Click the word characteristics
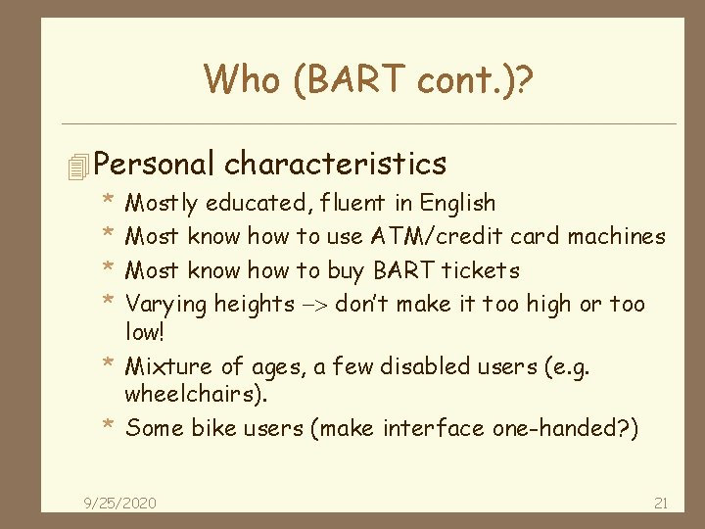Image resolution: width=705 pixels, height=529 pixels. pos(336,163)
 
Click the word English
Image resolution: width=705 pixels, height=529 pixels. pos(457,204)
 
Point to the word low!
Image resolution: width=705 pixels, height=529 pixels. pos(147,334)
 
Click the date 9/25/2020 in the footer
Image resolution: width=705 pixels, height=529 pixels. pos(118,504)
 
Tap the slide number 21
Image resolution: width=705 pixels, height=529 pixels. pos(660,504)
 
